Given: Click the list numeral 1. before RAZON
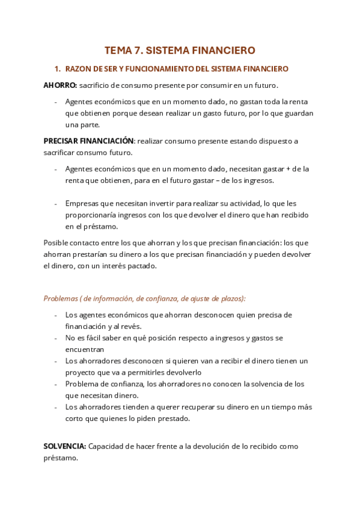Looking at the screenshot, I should (x=58, y=69).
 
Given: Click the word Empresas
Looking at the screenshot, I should (x=82, y=204).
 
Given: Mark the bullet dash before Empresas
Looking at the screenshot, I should (x=55, y=204).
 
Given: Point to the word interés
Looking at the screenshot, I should (x=107, y=266).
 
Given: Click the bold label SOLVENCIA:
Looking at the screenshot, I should (x=65, y=447).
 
